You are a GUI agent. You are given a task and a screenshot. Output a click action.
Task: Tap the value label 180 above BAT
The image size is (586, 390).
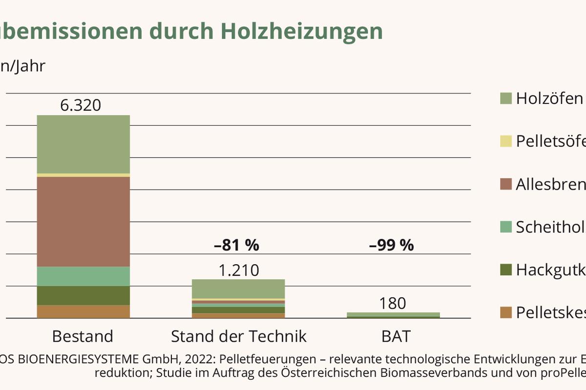tap(393, 303)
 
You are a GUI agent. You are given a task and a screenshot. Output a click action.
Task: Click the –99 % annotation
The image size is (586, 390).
tap(392, 245)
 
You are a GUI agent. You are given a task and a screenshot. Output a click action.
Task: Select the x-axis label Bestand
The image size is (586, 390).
tap(83, 336)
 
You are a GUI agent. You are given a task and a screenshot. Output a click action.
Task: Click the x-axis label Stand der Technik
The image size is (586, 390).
tap(238, 336)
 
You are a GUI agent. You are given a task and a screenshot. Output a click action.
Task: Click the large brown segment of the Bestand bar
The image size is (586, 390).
tap(84, 221)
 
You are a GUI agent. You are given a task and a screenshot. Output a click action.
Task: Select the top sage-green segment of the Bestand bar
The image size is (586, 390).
tap(84, 144)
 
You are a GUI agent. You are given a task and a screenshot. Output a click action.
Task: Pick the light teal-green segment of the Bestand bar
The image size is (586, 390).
tap(84, 276)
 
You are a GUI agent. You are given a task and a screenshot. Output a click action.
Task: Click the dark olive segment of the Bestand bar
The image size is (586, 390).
tap(84, 295)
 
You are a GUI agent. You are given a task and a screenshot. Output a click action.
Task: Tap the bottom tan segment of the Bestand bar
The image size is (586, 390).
tap(84, 312)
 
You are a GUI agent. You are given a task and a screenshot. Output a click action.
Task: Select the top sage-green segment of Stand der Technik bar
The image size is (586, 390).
tap(238, 289)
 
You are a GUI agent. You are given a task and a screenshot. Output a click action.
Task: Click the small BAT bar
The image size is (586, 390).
tap(393, 315)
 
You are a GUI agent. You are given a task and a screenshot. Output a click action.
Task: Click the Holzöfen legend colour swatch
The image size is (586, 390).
tap(506, 98)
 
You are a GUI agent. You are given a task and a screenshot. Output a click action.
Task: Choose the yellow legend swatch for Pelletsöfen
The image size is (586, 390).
tap(506, 141)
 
